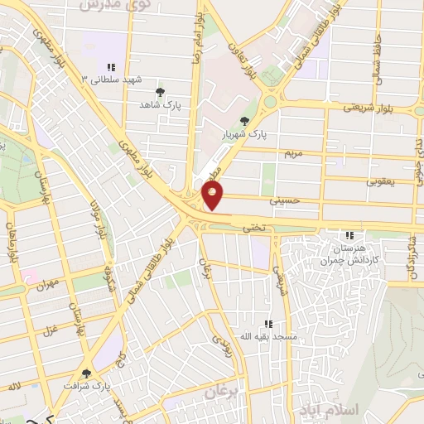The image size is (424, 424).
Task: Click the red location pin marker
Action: [213, 195]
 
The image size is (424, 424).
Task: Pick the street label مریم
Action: [294, 153]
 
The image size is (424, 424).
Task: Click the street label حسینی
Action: [282, 200]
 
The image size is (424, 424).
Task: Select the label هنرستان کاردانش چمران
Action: [348, 253]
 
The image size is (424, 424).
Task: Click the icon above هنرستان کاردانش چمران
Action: [349, 235]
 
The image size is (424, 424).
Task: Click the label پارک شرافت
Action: [89, 387]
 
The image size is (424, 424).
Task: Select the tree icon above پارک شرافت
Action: [88, 373]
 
